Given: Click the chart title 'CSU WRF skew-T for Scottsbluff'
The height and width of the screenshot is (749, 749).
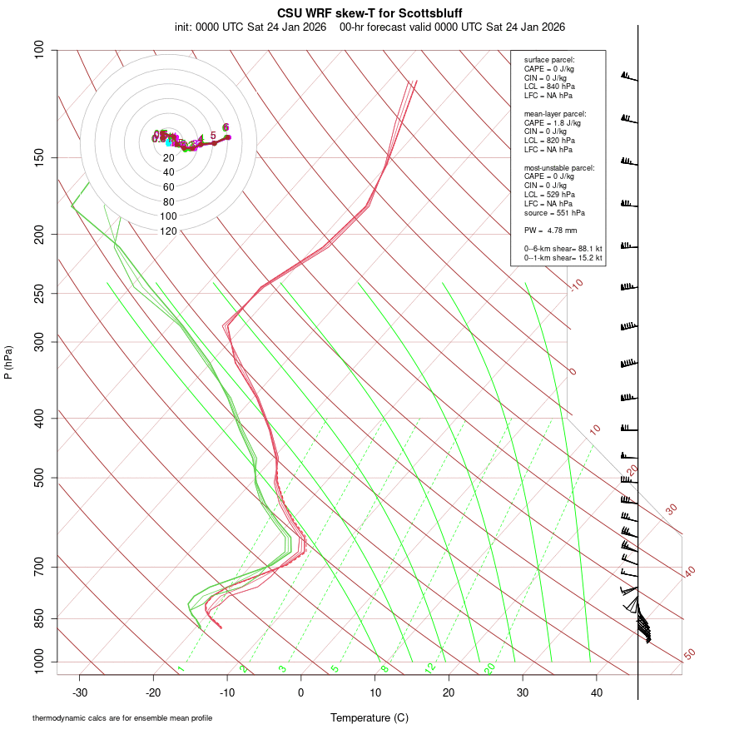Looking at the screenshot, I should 370,13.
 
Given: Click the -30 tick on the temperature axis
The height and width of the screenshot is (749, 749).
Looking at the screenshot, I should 80,692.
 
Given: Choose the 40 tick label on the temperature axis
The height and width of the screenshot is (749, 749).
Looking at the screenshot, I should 597,692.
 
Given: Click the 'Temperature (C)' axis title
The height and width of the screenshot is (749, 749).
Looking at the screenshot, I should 370,717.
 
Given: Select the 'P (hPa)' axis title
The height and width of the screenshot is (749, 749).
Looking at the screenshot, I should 8,363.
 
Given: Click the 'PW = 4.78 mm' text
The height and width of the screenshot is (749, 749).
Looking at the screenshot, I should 550,230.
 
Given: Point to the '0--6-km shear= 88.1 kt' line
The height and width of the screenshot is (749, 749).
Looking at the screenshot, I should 563,249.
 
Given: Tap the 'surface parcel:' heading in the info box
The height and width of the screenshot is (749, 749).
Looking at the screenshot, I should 549,60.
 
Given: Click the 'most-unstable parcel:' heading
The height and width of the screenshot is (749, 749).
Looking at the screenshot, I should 559,168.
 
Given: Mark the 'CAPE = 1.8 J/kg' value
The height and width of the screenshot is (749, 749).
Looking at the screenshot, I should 553,122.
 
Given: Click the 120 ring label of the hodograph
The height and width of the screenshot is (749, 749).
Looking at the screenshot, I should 169,231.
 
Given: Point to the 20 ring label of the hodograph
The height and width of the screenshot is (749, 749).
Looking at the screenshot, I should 169,158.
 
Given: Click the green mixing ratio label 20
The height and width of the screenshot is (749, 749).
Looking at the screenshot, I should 490,668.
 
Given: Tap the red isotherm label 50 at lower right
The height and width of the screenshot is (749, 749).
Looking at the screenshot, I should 689,655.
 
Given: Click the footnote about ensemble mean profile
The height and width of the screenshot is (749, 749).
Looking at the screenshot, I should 122,717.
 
